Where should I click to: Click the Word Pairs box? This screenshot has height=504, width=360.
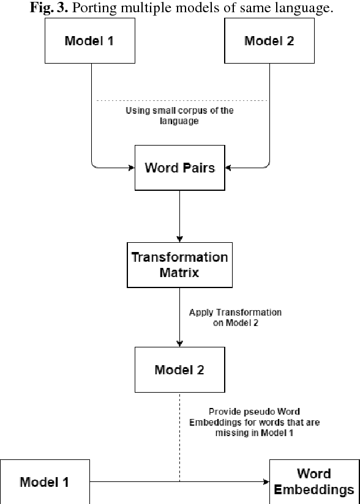179,168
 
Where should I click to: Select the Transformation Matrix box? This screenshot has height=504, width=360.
179,264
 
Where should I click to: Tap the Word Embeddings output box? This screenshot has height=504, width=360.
314,481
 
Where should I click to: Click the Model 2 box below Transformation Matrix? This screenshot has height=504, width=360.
179,369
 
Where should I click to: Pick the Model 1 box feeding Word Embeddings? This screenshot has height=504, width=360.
44,481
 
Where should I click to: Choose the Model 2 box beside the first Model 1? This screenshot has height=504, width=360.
269,42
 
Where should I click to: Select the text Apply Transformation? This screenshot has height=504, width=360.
235,312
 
